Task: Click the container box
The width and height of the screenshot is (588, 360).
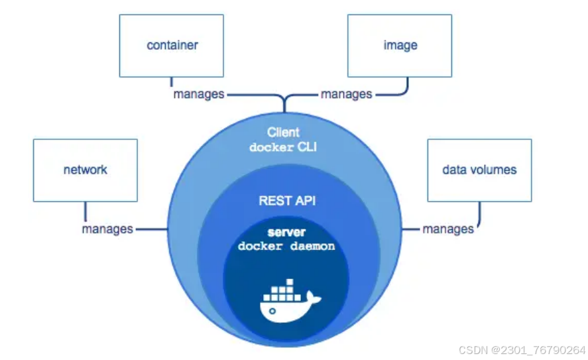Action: pos(171,45)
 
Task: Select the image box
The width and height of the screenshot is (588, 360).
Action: pos(399,45)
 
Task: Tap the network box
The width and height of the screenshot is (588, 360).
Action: pos(86,170)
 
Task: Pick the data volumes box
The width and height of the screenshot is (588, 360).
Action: pos(479,170)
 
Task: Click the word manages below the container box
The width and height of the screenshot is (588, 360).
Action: pos(198,94)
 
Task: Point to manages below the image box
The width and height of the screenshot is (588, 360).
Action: pos(346,94)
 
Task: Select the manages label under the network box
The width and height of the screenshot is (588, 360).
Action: pos(107,229)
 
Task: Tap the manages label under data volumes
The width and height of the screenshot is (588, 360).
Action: pos(448,229)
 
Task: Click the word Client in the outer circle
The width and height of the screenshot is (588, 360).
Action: pos(283,133)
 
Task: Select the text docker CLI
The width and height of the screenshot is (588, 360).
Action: pos(283,147)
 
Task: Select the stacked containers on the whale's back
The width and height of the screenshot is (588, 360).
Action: pos(280,291)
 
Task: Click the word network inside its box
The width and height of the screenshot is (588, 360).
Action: pos(86,170)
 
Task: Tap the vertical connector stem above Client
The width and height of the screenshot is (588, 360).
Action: pos(285,103)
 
